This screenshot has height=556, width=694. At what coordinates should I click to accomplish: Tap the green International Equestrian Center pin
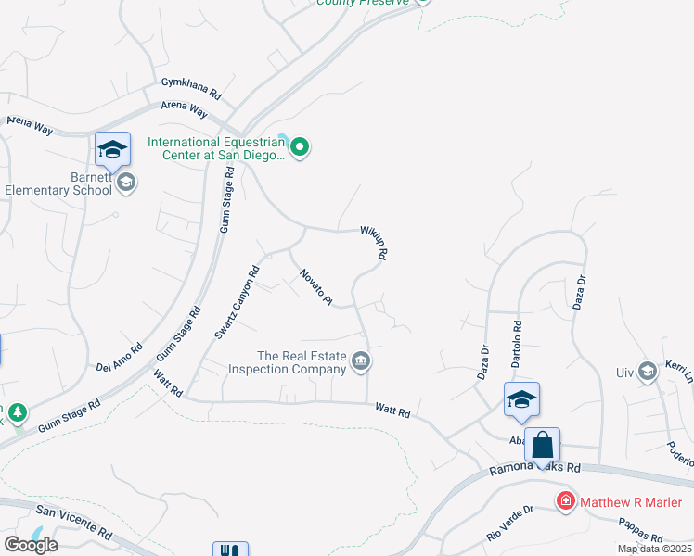click(x=299, y=147)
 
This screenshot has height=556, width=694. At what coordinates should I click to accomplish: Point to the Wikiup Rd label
click(x=374, y=243)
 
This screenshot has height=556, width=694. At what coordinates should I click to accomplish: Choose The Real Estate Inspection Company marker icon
click(x=362, y=361)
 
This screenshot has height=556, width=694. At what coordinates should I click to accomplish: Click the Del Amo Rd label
click(x=119, y=358)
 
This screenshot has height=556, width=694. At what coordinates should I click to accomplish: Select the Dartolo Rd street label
click(x=518, y=341)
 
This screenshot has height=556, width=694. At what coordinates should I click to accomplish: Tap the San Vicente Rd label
click(x=73, y=523)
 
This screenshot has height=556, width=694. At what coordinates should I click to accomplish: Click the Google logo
click(x=31, y=544)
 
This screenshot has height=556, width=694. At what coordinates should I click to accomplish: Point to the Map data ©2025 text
click(x=654, y=549)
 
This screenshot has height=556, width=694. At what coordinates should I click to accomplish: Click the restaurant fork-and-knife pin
click(x=230, y=550)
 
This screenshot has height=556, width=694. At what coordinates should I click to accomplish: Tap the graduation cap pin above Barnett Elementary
click(x=111, y=149)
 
